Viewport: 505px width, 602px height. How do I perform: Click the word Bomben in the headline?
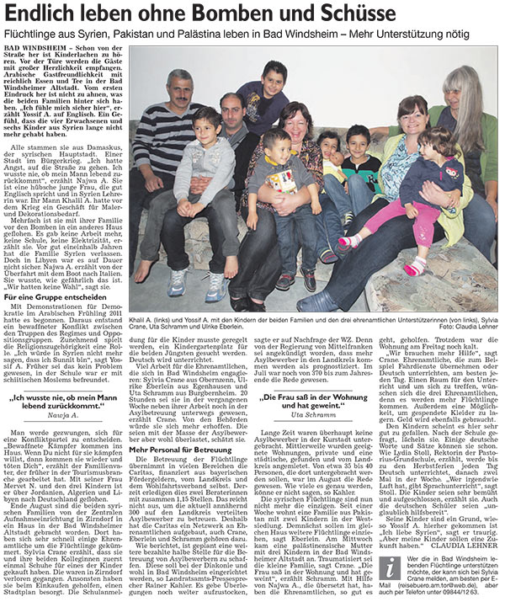278,15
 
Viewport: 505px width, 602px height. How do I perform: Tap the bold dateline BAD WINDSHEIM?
38,49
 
